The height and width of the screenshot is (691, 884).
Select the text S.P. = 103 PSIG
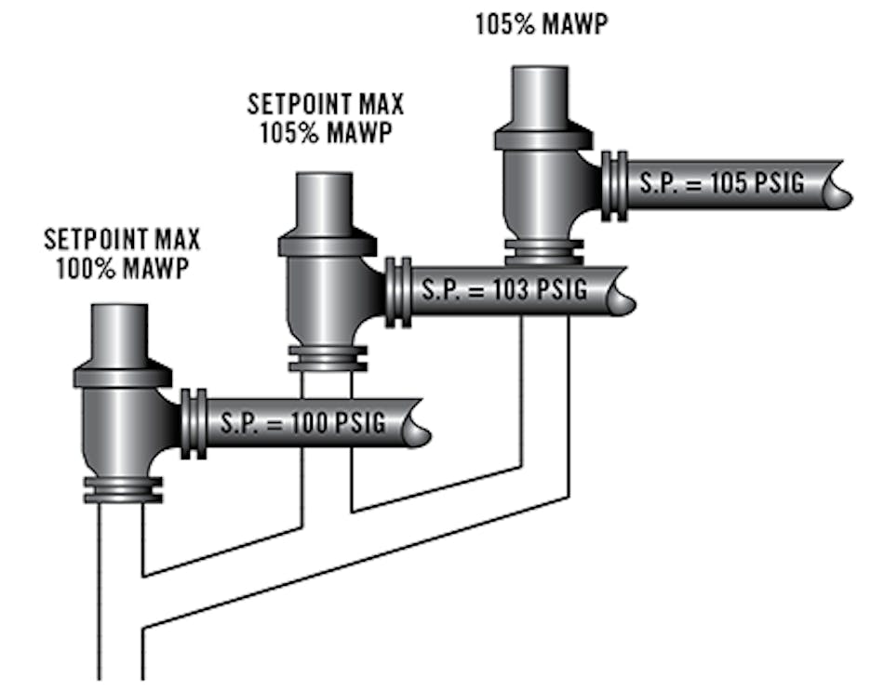point(504,290)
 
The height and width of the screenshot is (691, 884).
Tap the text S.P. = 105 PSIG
point(720,183)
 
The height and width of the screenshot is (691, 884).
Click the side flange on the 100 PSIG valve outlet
point(194,423)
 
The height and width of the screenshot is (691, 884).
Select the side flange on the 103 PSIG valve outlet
point(398,292)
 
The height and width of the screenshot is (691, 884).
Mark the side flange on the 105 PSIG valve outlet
point(614,185)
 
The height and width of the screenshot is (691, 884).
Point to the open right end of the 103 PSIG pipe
point(625,292)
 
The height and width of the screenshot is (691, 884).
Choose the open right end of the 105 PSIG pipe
point(841,185)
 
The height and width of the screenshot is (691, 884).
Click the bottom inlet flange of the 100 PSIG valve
point(123,489)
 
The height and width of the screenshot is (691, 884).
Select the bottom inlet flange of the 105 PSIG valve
point(543,251)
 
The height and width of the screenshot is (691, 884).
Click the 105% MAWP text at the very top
point(541,23)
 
